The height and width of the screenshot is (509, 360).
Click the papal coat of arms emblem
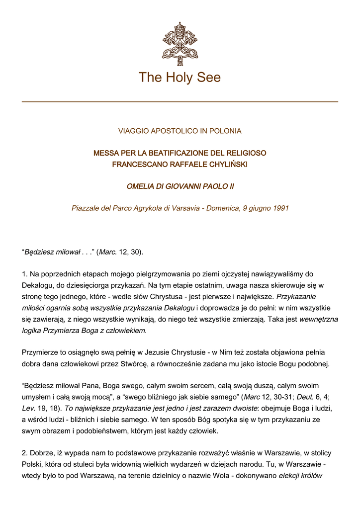pyautogui.click(x=180, y=43)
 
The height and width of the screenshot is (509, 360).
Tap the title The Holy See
pyautogui.click(x=180, y=78)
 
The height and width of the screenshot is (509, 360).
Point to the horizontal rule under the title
pyautogui.click(x=180, y=101)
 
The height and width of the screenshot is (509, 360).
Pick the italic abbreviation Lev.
pyautogui.click(x=29, y=408)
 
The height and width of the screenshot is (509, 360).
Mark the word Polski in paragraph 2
pyautogui.click(x=32, y=465)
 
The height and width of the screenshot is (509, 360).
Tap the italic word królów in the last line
pyautogui.click(x=311, y=476)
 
